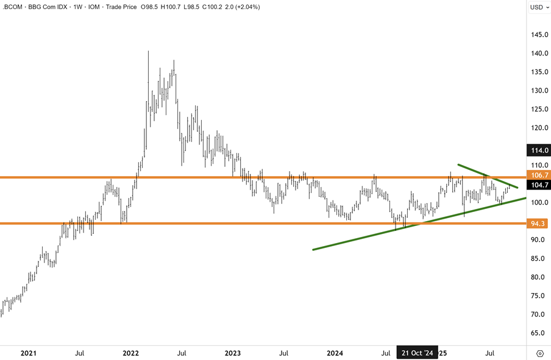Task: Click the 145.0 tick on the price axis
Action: (x=539, y=35)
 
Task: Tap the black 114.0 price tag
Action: (x=539, y=150)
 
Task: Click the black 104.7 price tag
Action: (x=539, y=185)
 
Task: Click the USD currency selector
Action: (x=536, y=7)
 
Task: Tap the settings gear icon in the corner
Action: (x=539, y=353)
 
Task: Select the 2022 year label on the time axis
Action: (x=131, y=353)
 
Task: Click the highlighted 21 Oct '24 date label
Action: (x=418, y=353)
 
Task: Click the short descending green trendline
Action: (x=488, y=175)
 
